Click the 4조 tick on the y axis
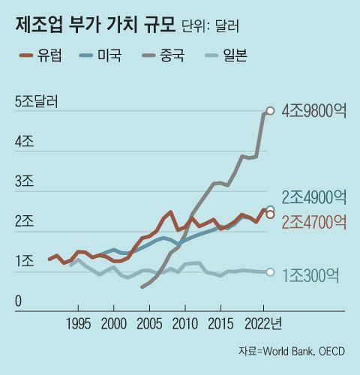click(x=23, y=141)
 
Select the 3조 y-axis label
click(x=23, y=181)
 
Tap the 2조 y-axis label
click(x=23, y=221)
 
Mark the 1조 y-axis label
click(x=23, y=261)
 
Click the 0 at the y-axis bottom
click(x=19, y=301)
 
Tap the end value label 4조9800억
click(x=313, y=111)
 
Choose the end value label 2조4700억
click(x=314, y=221)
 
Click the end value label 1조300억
click(x=314, y=274)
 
